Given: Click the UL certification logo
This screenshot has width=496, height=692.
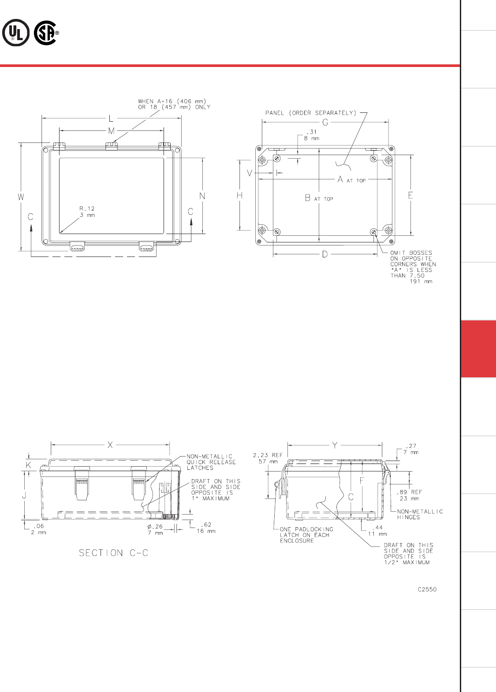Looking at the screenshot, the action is tap(16, 33).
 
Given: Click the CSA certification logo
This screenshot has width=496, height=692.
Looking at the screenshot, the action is tap(46, 33).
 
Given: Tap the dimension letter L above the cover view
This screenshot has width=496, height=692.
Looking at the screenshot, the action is tap(111, 118).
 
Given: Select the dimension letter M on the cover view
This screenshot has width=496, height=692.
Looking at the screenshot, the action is tap(111, 130).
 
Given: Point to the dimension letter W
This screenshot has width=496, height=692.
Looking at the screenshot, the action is tap(21, 197).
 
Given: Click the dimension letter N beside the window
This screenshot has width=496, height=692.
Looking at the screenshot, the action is tap(202, 196).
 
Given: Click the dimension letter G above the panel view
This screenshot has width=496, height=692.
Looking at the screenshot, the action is tap(325, 123).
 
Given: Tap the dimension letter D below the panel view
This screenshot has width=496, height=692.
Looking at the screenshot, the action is tap(325, 254).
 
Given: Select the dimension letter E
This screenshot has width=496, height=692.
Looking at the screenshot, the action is tap(410, 195).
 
